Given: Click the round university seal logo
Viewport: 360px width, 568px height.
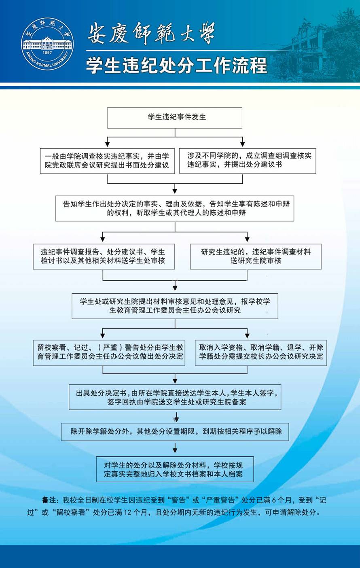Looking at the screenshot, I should [x=47, y=44].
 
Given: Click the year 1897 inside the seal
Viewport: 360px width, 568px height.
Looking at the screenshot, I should [x=47, y=53].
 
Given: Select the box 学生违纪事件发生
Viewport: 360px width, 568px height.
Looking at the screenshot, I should [x=175, y=117].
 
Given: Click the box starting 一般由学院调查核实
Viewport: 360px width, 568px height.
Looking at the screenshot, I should [x=107, y=161].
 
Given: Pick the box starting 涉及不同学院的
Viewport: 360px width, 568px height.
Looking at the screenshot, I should [x=248, y=160].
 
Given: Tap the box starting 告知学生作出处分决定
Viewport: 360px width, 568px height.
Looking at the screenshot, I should [x=175, y=208].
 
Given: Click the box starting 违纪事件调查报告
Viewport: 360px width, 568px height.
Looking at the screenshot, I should [x=104, y=256].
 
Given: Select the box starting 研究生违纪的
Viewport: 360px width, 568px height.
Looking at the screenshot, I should [x=256, y=256].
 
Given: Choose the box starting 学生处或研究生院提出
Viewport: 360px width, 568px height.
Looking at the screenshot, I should [x=175, y=306].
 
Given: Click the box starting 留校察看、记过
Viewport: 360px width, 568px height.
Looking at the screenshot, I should [x=109, y=352].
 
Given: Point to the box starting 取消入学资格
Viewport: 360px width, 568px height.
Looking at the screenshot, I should [x=261, y=352].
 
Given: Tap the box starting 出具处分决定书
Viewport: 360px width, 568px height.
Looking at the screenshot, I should [x=175, y=397].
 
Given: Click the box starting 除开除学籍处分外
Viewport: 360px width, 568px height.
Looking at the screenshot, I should [x=175, y=432].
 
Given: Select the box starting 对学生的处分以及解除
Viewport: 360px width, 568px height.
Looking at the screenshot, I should [x=175, y=470].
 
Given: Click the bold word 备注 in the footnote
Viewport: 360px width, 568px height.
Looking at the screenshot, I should [x=50, y=500].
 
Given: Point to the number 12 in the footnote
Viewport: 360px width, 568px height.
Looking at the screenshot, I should [x=127, y=513].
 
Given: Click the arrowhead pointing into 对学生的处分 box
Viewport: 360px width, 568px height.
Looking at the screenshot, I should [x=175, y=450].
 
